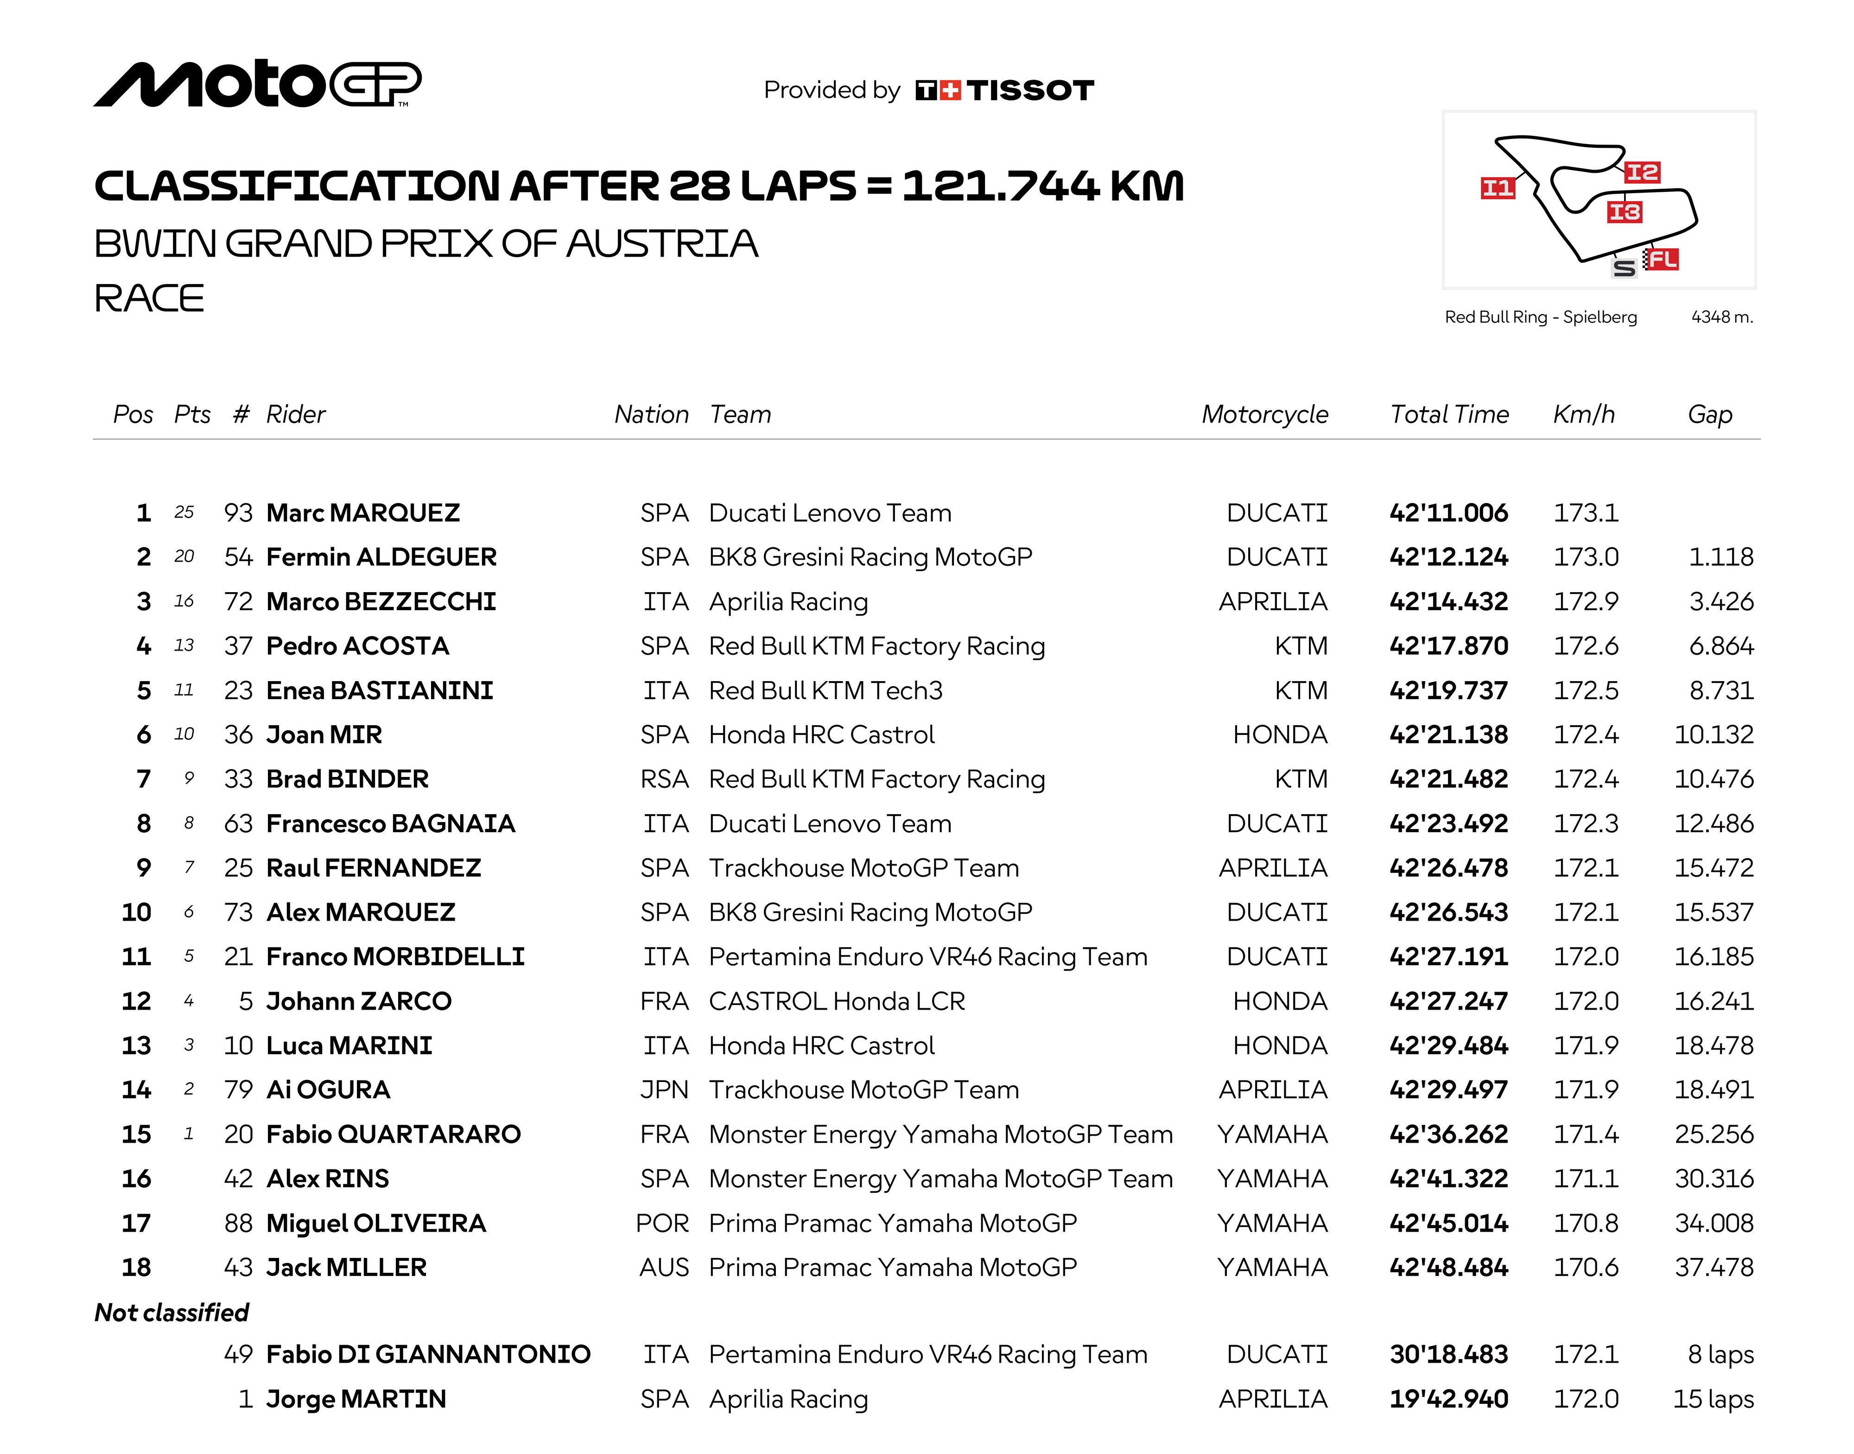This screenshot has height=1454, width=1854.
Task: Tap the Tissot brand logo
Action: pos(1005,90)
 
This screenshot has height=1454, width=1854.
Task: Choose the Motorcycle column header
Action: pos(1265,415)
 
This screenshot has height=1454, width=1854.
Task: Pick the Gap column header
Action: pos(1709,415)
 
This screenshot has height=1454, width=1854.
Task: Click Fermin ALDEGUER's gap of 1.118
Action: pos(1721,557)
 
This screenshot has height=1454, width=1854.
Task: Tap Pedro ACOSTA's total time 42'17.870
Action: pos(1448,646)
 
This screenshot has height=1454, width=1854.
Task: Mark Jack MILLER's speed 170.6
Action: pos(1586,1268)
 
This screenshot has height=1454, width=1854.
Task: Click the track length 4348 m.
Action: pos(1721,316)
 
